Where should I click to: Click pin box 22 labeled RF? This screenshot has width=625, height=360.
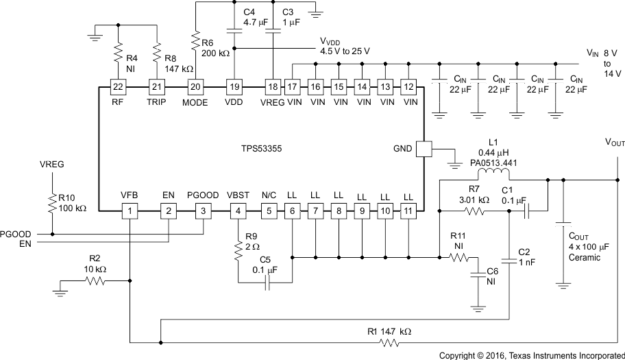click(x=119, y=86)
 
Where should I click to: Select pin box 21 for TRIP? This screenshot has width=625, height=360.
click(x=158, y=86)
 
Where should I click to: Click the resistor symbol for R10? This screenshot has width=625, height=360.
click(x=51, y=202)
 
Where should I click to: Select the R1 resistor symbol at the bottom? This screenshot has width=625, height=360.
click(x=390, y=342)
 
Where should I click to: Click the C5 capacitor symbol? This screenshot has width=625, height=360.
click(x=268, y=283)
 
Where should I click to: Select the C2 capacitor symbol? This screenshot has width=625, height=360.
click(x=508, y=260)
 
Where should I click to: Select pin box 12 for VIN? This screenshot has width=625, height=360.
click(x=410, y=86)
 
